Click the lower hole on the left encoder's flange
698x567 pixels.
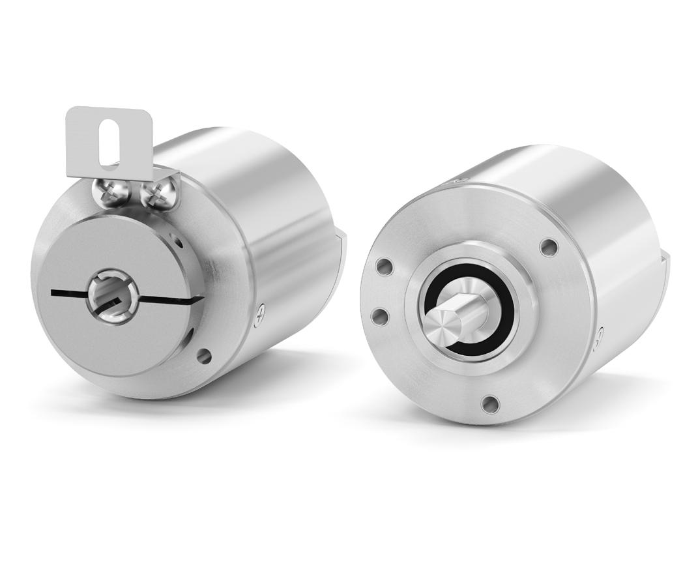(204, 355)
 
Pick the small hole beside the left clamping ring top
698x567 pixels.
(178, 239)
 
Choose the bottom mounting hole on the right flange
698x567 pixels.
(489, 403)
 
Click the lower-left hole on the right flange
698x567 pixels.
(377, 316)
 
